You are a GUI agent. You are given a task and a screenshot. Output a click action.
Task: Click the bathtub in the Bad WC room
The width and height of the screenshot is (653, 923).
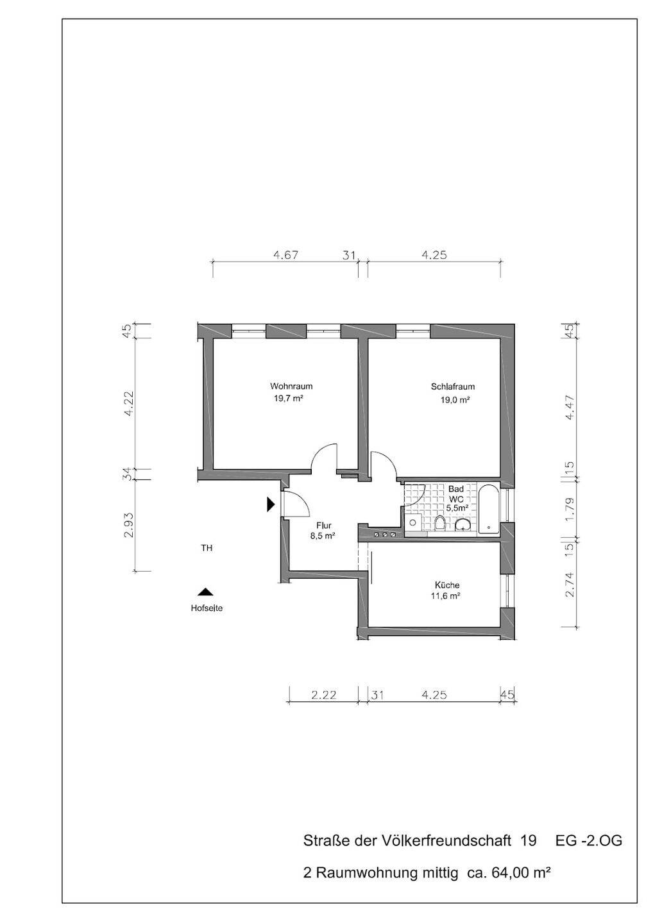[x=489, y=510]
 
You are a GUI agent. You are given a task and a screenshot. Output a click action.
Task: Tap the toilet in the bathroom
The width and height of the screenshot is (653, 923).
[x=440, y=523]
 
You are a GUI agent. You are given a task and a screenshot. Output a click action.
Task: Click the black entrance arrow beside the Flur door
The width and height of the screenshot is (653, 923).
[x=271, y=504]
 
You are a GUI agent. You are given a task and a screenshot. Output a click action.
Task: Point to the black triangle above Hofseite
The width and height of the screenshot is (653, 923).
[x=205, y=592]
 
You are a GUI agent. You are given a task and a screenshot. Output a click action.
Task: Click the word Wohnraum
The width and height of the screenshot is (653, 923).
[x=291, y=387]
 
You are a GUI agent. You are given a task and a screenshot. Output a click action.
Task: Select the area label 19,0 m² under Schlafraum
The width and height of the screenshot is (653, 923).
[x=455, y=399]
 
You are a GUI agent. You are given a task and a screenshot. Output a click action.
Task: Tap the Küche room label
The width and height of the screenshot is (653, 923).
[x=447, y=585]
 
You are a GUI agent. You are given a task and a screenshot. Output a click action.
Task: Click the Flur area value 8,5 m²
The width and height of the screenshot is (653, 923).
[x=323, y=536]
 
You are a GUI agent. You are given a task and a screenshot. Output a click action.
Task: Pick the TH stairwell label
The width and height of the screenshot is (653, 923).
[x=207, y=548]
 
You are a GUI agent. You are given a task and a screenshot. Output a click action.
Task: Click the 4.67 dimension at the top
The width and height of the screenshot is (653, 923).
[x=285, y=255]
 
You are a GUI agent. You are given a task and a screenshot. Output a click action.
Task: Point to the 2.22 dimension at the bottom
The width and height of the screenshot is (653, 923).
[x=324, y=695]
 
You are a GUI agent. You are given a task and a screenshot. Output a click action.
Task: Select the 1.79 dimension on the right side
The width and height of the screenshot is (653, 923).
[x=570, y=510]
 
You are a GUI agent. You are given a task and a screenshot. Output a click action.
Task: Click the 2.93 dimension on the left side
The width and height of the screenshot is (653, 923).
[x=129, y=525]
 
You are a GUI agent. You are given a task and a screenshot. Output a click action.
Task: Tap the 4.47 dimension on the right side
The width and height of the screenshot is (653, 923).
[x=570, y=408]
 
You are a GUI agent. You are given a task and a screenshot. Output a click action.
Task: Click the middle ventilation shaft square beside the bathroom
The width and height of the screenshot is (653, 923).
[x=384, y=535]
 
